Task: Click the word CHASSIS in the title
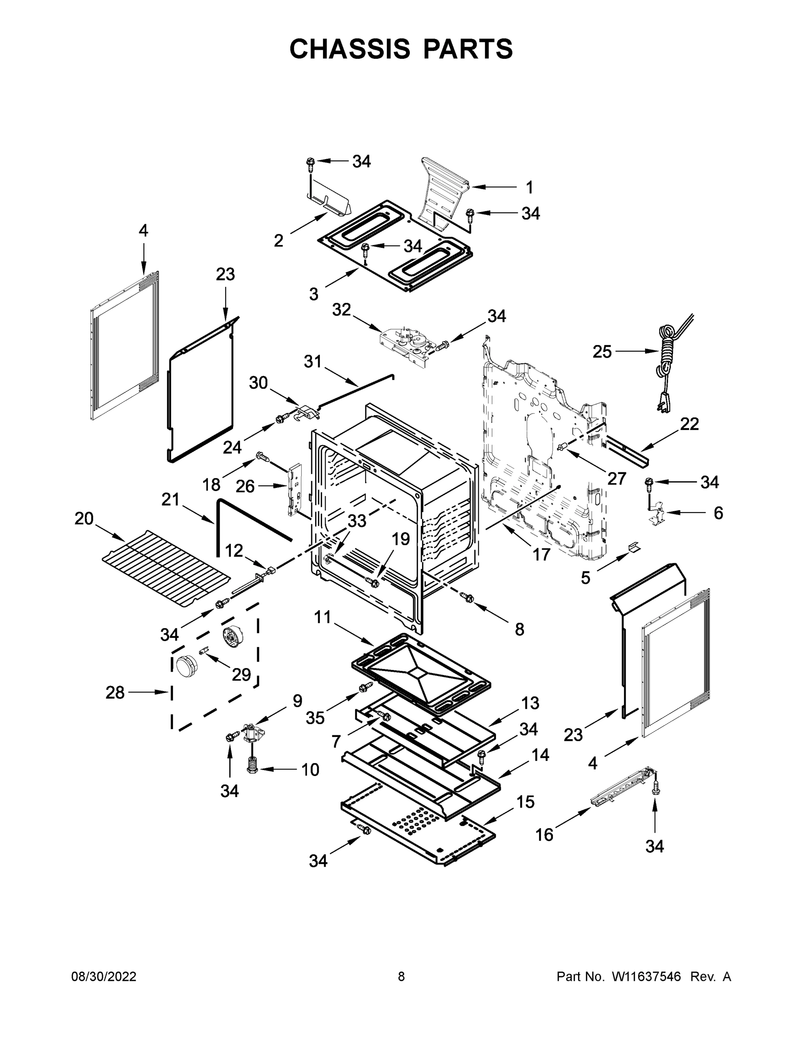click(350, 49)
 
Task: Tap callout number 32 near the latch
click(341, 310)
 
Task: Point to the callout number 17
click(541, 554)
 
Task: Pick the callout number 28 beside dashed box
click(115, 692)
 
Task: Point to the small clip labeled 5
click(633, 547)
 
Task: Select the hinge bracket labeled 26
click(295, 490)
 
